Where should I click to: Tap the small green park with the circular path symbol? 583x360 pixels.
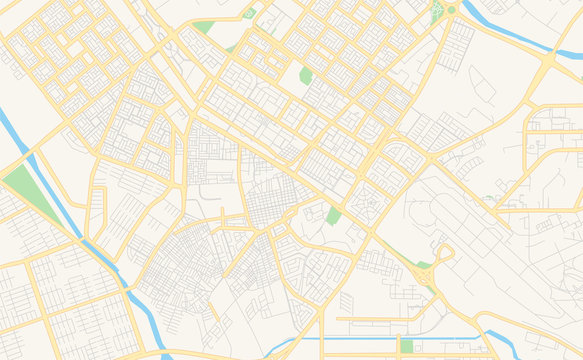point(249,13)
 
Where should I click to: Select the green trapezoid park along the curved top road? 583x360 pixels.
point(204,27)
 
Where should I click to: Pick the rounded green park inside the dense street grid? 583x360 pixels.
point(306,76)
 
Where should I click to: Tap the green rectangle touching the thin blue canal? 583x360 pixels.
point(407,346)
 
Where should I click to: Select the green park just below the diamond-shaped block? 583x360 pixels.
point(333,216)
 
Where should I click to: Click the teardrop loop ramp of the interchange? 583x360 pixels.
point(443,255)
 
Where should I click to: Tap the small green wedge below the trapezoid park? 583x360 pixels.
point(230,49)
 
